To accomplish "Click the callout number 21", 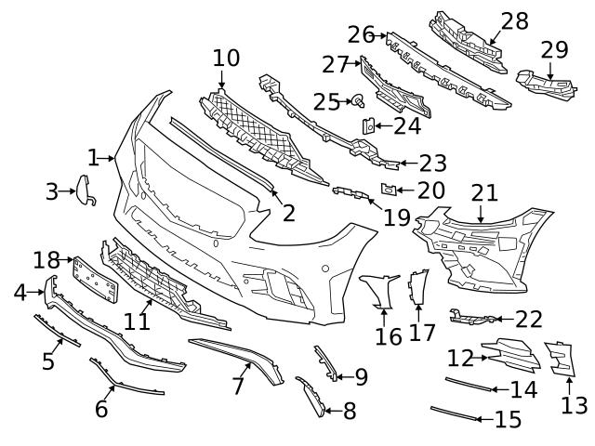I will [483, 192].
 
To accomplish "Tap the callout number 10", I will [225, 59].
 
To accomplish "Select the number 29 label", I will [554, 49].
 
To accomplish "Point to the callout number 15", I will [508, 420].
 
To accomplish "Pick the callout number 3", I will [52, 192].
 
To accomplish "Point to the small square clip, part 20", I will [391, 190].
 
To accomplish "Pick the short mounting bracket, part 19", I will [349, 192].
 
